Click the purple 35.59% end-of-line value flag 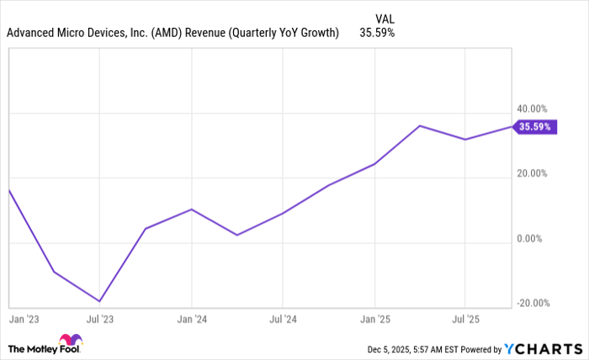[535, 127]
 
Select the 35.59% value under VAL [378, 34]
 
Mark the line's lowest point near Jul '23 [100, 301]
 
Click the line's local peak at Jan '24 [192, 209]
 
